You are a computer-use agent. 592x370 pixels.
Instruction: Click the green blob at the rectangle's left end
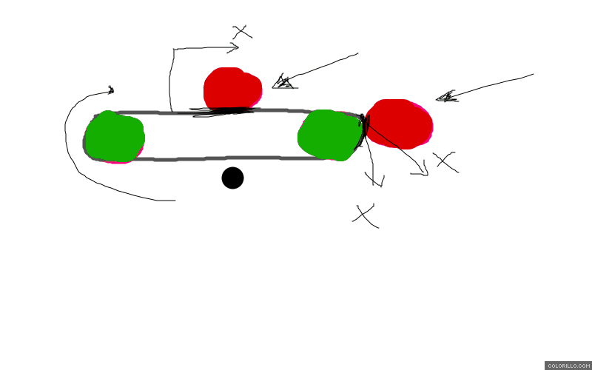115,137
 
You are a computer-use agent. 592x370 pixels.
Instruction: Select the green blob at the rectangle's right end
330,135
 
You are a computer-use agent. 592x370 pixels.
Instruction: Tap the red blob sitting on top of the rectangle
232,89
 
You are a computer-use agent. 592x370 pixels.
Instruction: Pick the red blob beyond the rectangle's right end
400,123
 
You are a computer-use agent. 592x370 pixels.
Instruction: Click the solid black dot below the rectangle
232,178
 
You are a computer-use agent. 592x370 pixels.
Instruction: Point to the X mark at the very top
242,33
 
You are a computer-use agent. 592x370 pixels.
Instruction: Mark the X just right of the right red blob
445,161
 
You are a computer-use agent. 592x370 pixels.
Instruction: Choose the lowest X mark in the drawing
364,215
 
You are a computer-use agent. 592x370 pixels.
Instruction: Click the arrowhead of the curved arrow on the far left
111,90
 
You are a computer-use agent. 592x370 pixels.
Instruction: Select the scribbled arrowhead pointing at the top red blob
283,82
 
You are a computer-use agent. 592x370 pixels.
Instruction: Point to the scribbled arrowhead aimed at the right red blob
445,96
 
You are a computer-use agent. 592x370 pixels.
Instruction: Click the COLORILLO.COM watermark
568,366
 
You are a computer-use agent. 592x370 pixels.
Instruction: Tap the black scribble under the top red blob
222,112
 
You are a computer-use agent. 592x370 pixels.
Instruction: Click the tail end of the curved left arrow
175,200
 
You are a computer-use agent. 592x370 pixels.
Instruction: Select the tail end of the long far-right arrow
533,74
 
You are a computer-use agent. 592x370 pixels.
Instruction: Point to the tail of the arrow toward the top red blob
357,53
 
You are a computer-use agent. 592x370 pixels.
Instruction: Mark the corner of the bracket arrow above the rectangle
173,50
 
